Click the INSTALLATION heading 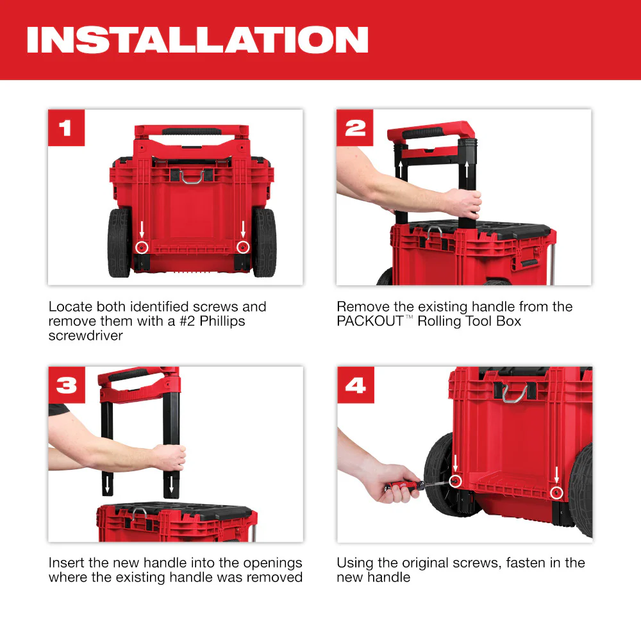[x=197, y=40]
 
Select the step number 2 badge [x=354, y=128]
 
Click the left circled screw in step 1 [x=142, y=247]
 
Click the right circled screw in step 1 [x=242, y=247]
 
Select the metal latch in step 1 [x=192, y=176]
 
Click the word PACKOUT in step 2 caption [x=370, y=320]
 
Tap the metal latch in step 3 [x=140, y=513]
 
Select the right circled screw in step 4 [x=556, y=492]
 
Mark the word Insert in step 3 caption [x=67, y=563]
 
